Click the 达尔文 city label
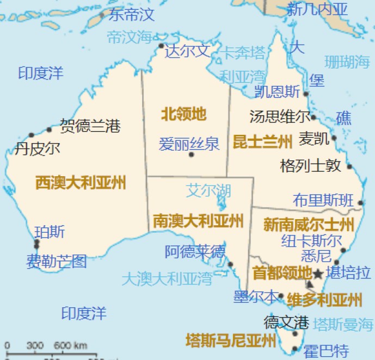(187, 52)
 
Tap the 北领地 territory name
(183, 114)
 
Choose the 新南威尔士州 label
(309, 225)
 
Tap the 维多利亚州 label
(324, 300)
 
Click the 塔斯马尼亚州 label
(231, 341)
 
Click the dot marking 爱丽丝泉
(191, 155)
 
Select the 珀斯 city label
(50, 232)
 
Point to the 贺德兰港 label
(90, 126)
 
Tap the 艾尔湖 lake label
(208, 190)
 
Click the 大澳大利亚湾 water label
(167, 280)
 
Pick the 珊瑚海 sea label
(347, 61)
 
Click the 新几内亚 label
(317, 9)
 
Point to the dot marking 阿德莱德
(230, 265)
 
